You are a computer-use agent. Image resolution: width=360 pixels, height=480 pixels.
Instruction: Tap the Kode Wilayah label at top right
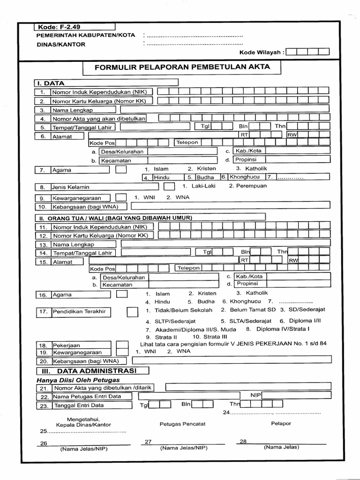tap(262, 52)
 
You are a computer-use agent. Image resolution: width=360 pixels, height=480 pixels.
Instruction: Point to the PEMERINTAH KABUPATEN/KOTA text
tap(86, 35)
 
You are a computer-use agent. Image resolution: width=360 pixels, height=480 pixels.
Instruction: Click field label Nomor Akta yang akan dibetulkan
tap(99, 119)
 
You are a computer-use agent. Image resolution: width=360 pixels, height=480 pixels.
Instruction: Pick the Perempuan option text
tap(247, 186)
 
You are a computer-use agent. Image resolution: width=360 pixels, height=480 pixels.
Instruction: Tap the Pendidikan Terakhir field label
tap(79, 311)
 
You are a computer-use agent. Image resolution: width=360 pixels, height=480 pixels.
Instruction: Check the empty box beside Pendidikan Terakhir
tap(133, 312)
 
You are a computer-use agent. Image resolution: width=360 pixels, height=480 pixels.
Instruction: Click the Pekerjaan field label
tap(66, 345)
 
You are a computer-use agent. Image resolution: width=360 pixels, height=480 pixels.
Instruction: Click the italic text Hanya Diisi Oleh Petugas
tap(78, 380)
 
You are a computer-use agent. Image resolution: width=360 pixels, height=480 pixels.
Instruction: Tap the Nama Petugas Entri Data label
tap(87, 397)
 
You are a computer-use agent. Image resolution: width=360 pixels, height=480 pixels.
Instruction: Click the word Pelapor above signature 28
tap(281, 423)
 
